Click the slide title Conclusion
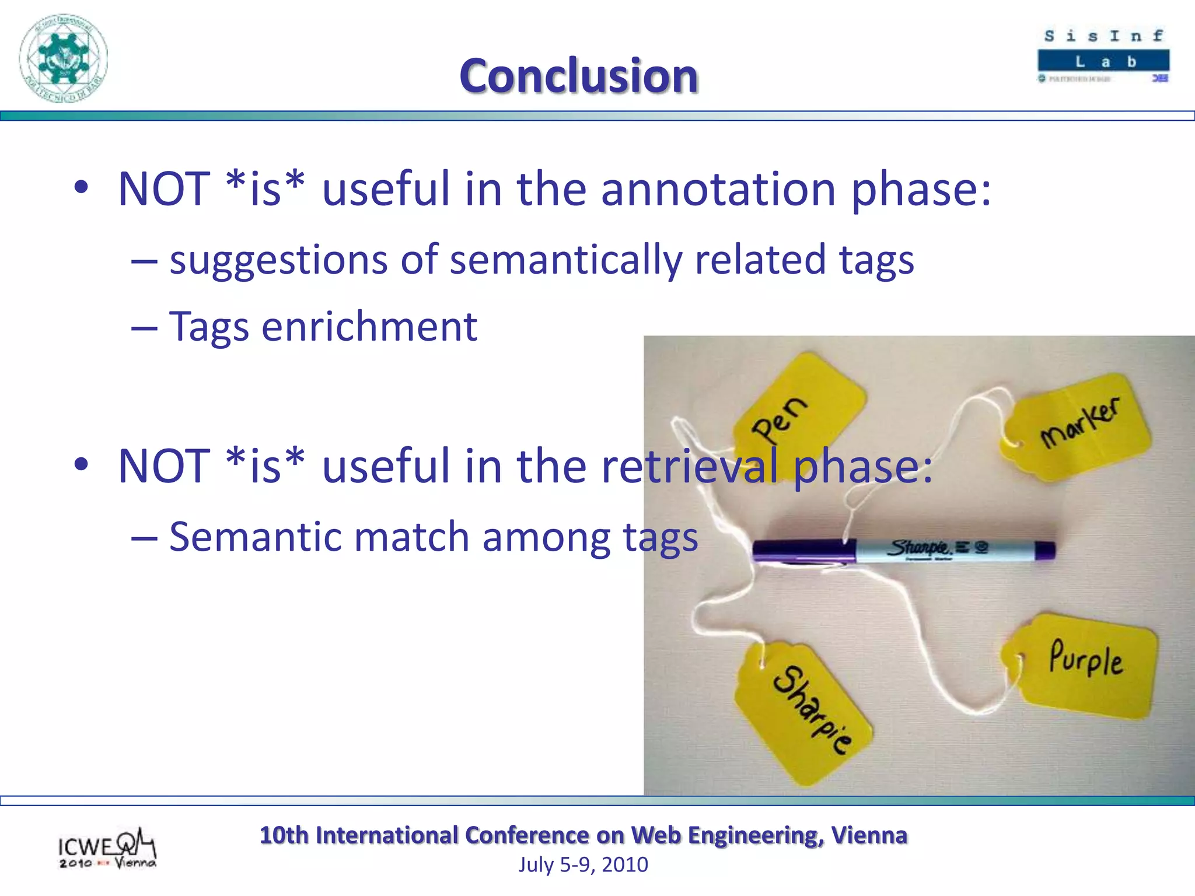click(578, 76)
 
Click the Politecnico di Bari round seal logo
click(63, 58)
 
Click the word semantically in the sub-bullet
click(565, 260)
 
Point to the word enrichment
click(369, 327)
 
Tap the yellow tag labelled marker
click(1079, 426)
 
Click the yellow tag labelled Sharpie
click(805, 712)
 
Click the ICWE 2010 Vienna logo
click(107, 849)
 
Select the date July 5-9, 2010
click(583, 864)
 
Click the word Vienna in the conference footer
click(869, 835)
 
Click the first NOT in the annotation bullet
click(163, 189)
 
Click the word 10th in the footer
click(284, 835)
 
